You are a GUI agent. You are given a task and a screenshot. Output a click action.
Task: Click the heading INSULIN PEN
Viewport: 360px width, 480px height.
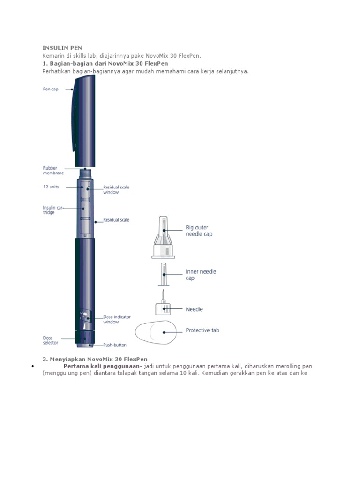coord(62,48)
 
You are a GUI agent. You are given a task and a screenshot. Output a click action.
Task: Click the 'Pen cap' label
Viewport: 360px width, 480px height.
coord(51,89)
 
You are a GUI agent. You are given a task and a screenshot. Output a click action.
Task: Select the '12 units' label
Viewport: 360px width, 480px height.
coord(51,186)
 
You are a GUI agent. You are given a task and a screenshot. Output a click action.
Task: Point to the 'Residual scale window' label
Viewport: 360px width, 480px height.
coord(116,190)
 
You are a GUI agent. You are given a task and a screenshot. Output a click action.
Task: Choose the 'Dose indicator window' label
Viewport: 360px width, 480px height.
coord(117,319)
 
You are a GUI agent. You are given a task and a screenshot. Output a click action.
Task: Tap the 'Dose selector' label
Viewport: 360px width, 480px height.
coord(51,340)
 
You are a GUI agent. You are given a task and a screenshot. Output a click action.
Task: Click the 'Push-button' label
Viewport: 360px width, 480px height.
coord(115,345)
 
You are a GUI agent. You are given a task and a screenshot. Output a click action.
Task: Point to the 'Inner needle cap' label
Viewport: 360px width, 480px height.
coord(201,275)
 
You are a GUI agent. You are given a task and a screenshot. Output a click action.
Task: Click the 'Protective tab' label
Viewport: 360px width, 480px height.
coord(202,330)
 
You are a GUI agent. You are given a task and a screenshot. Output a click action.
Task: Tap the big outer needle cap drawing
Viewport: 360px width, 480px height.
coord(163,239)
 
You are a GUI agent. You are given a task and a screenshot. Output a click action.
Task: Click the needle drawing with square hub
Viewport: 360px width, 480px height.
coord(162,306)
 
